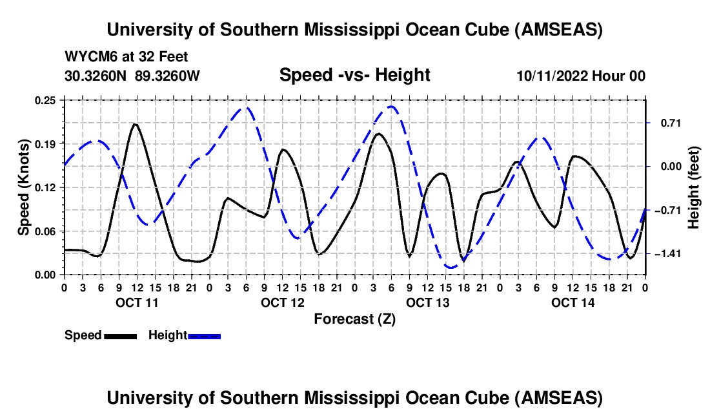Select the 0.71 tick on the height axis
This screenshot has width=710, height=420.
(x=663, y=123)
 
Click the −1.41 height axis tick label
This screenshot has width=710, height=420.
(x=665, y=254)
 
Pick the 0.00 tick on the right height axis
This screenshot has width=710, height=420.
(x=663, y=167)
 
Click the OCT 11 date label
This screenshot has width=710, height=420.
(x=136, y=302)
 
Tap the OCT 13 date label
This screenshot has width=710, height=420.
(x=427, y=302)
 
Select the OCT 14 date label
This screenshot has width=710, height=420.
(x=572, y=302)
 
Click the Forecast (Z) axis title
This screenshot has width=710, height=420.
(x=354, y=319)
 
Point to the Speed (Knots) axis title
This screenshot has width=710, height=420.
(x=24, y=187)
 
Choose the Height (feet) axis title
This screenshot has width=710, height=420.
(x=694, y=187)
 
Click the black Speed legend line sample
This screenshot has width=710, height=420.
(x=121, y=336)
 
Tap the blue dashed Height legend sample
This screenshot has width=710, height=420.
(x=205, y=336)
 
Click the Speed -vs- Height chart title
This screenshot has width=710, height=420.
(x=354, y=75)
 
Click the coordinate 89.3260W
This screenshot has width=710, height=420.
(x=168, y=76)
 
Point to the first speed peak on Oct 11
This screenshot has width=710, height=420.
(x=135, y=124)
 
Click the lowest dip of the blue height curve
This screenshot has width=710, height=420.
(x=451, y=267)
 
